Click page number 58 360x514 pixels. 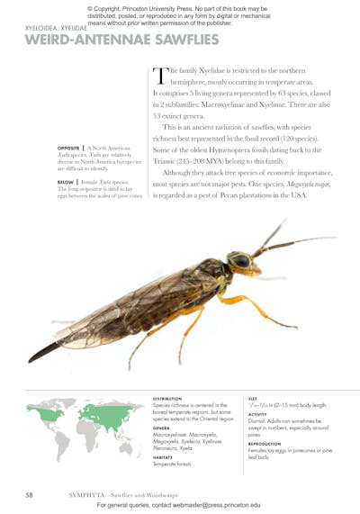pos(28,494)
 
